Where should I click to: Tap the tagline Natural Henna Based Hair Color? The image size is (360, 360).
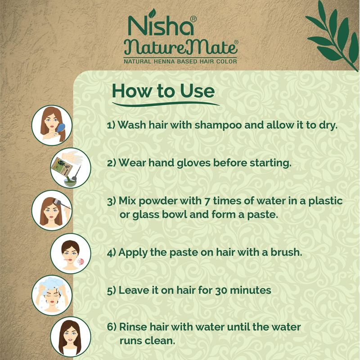coord(180,61)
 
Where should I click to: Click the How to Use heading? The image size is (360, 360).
coord(163,91)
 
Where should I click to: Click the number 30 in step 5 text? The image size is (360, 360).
coord(221,290)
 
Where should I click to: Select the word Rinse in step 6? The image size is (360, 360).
coord(133,327)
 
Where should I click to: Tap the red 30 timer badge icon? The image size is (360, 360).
coord(81,261)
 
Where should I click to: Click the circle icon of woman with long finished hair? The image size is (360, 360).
coord(71,337)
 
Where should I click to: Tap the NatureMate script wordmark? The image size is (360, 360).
coord(181,48)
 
